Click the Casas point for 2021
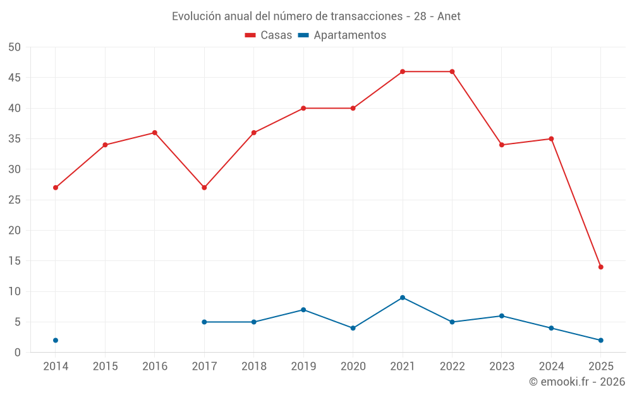coord(403,71)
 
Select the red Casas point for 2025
coord(600,267)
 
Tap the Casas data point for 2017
coord(204,188)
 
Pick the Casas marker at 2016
coord(154,133)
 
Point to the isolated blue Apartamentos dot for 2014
coord(56,340)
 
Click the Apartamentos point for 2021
coord(403,298)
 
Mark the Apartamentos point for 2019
coord(303,310)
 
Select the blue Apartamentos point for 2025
coord(600,340)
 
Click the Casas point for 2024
coord(551,139)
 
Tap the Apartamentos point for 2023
coord(502,316)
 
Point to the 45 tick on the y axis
coord(15,78)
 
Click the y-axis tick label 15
coord(15,261)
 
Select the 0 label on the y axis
coord(18,353)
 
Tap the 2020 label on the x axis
coord(353,367)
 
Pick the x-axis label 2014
coord(56,367)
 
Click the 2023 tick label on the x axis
coord(502,367)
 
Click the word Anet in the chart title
coord(449,16)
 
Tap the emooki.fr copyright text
coord(577,382)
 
